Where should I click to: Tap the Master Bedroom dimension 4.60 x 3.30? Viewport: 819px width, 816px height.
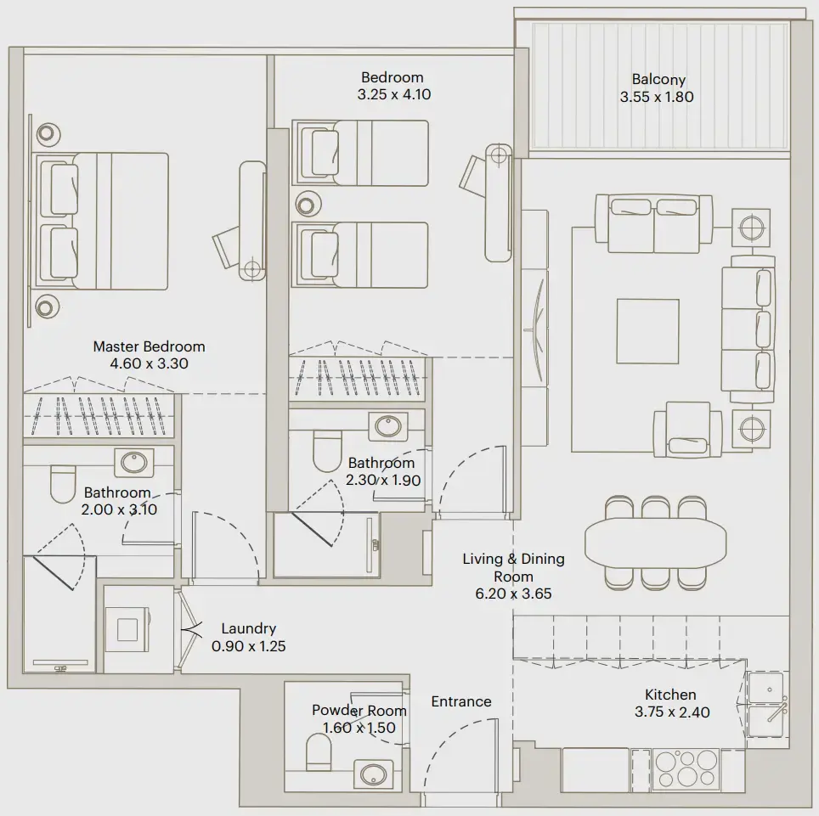pyautogui.click(x=149, y=363)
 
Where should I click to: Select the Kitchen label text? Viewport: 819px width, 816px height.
pyautogui.click(x=671, y=695)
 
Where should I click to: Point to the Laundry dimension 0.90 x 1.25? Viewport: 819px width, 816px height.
pyautogui.click(x=248, y=645)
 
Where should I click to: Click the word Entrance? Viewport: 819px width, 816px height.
pyautogui.click(x=460, y=701)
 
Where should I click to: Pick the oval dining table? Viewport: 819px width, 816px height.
pyautogui.click(x=656, y=543)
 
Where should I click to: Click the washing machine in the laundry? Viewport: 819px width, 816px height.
pyautogui.click(x=127, y=628)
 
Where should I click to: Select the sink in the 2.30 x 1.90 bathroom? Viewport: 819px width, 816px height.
pyautogui.click(x=389, y=425)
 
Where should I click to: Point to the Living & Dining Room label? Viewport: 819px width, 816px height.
pyautogui.click(x=513, y=567)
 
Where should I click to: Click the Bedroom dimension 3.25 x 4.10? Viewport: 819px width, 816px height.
pyautogui.click(x=393, y=95)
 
